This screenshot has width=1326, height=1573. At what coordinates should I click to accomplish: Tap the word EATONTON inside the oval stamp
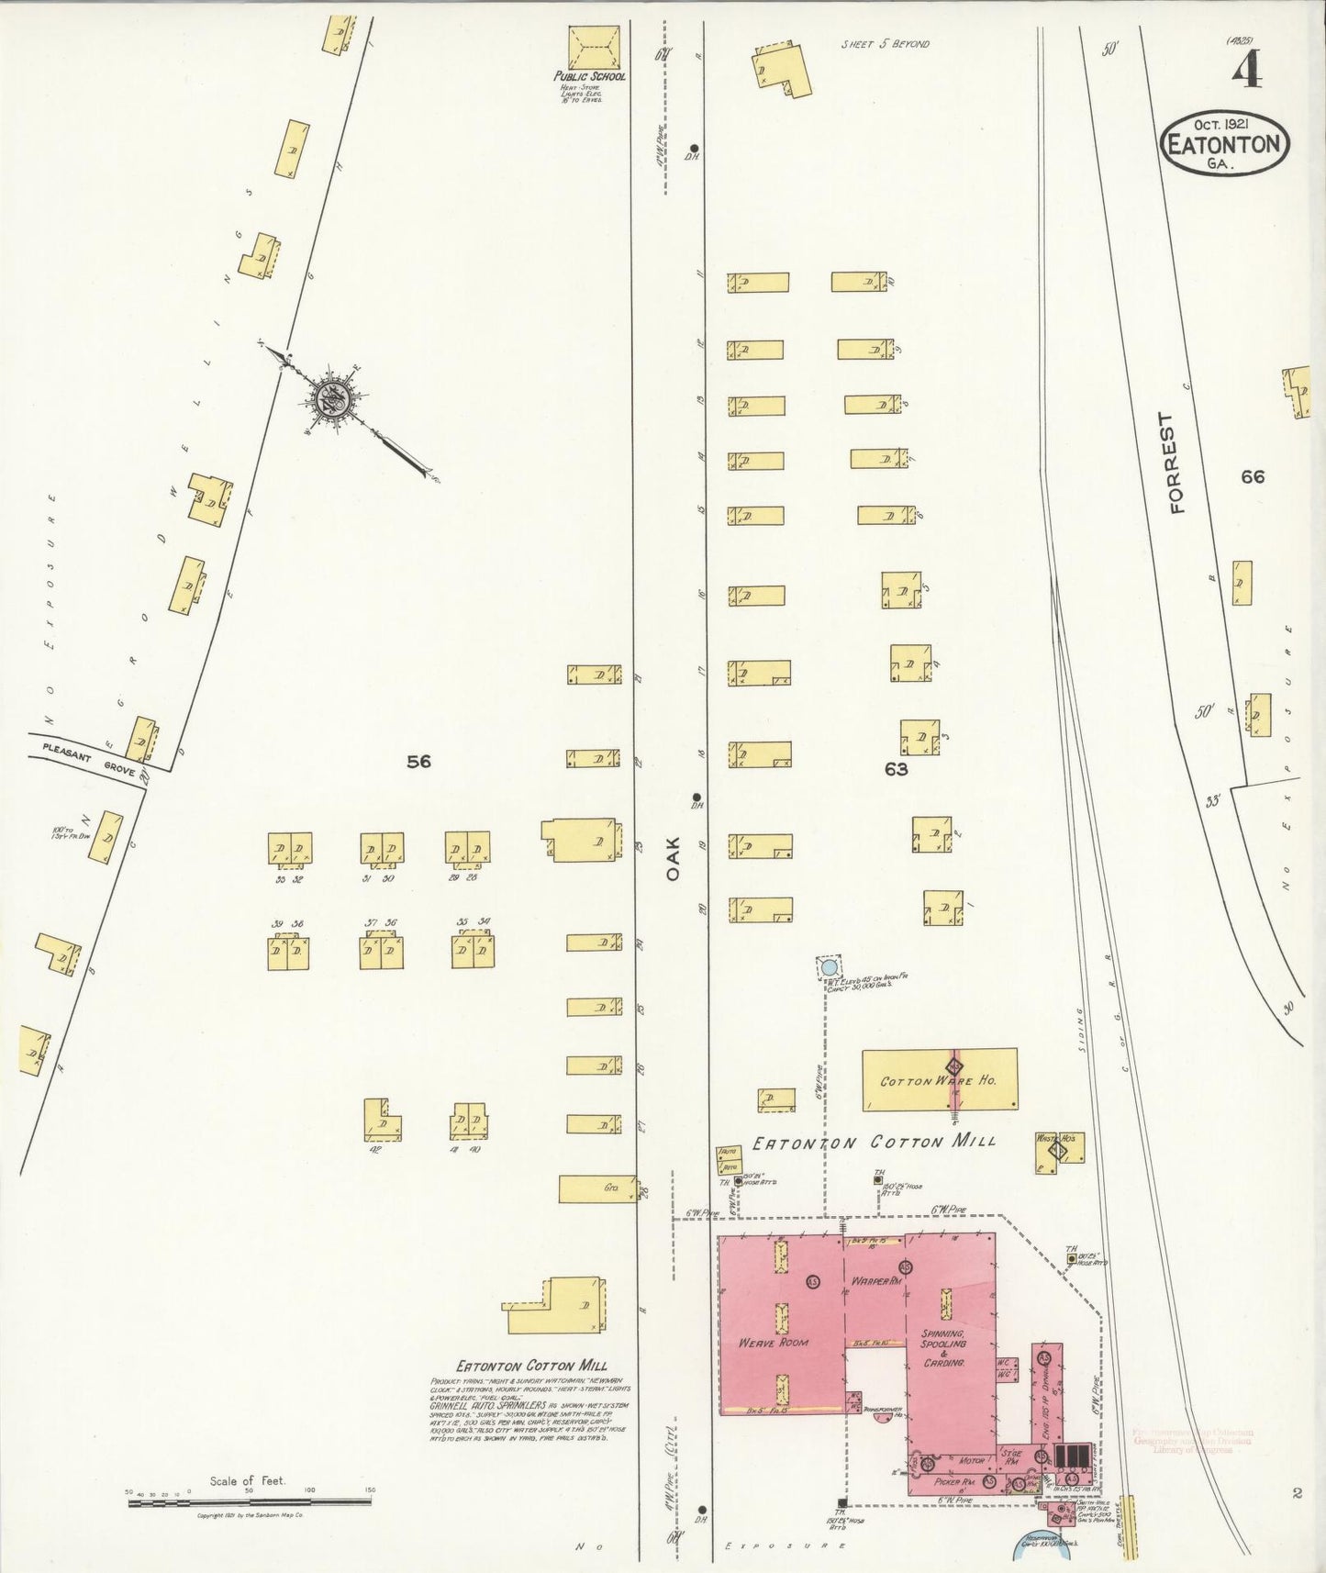(1225, 145)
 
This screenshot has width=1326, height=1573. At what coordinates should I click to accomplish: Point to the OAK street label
(674, 858)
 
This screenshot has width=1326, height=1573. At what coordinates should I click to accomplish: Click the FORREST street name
(1177, 463)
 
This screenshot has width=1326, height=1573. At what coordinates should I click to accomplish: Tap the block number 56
(418, 761)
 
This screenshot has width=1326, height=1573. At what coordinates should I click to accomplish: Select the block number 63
(896, 769)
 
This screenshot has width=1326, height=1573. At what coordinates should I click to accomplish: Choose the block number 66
(1252, 476)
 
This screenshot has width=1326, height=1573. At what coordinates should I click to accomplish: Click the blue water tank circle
(830, 967)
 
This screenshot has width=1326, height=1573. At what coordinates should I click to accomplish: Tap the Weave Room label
(774, 1343)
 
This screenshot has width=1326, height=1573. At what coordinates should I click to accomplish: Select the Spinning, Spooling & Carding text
(943, 1347)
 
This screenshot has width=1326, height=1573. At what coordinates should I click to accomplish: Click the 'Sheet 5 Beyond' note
(885, 44)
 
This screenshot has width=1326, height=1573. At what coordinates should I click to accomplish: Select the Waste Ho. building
(1059, 1151)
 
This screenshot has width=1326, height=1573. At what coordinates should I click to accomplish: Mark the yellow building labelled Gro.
(597, 1188)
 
